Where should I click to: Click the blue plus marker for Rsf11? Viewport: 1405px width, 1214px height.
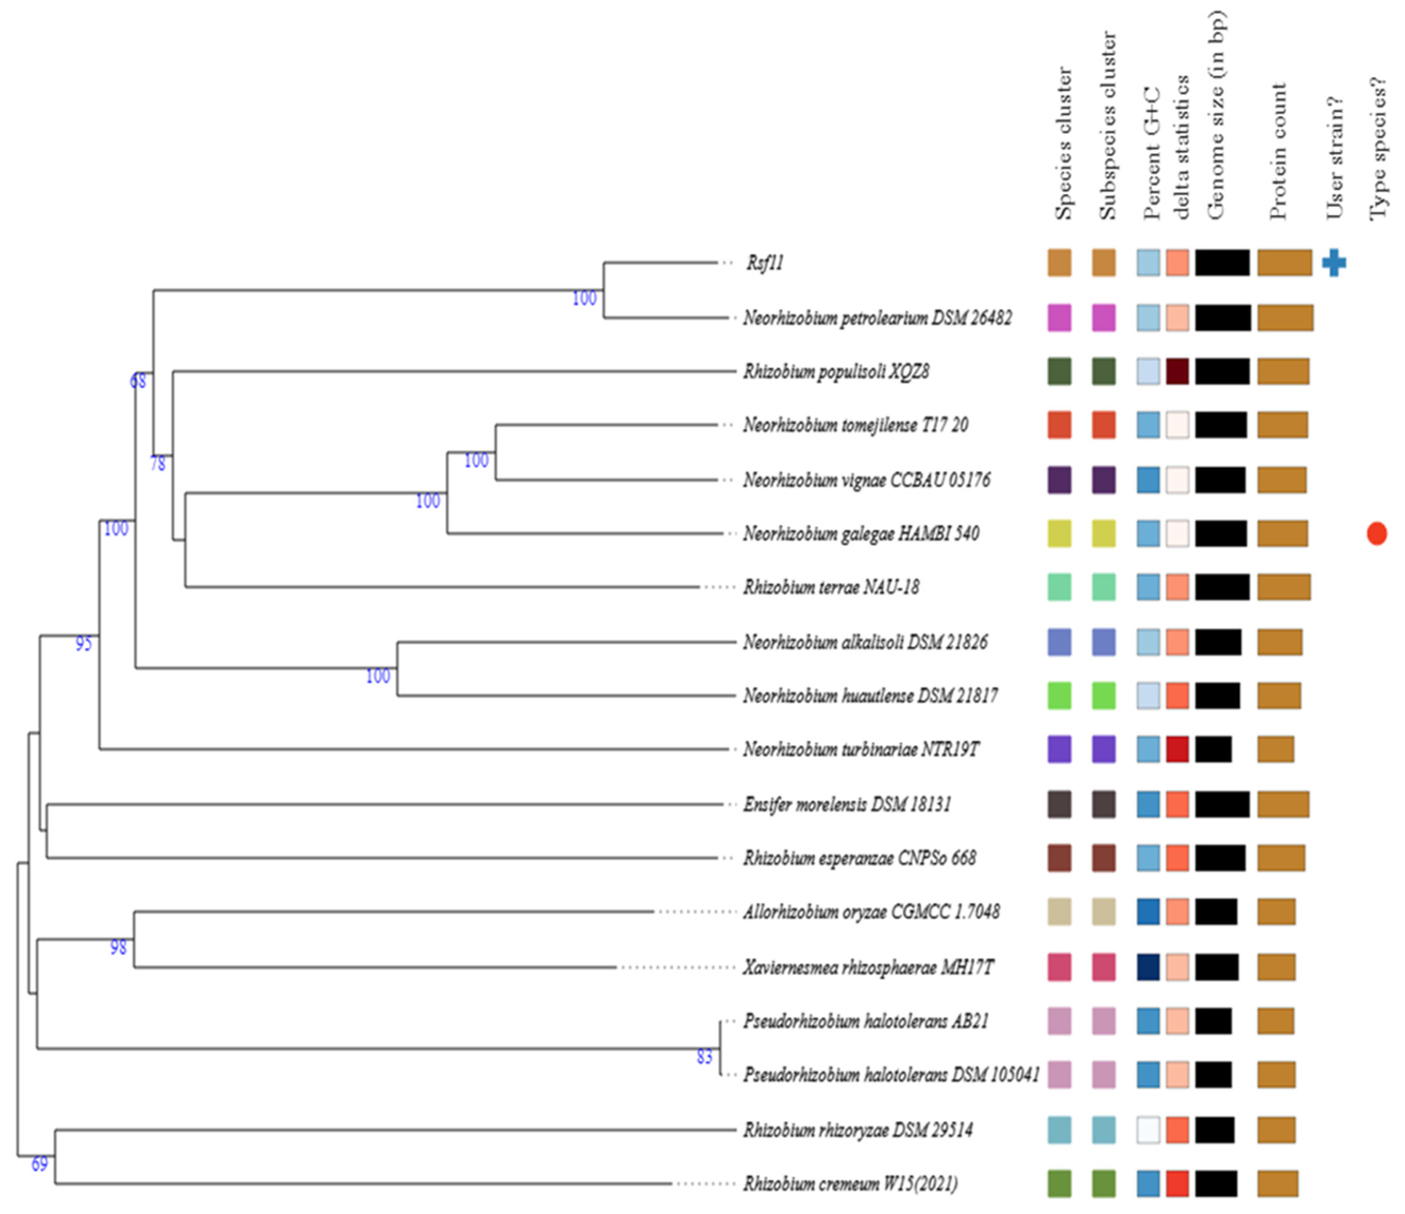(1333, 263)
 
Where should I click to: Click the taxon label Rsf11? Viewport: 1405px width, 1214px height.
(765, 263)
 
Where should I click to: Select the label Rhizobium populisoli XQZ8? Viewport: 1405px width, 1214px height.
(835, 372)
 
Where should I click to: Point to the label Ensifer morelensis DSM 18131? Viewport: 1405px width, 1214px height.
(846, 804)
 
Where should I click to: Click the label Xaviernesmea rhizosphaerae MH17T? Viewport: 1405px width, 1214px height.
(868, 967)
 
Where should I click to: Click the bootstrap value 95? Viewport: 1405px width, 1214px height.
(83, 644)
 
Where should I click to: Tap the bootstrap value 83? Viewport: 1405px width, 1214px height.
(705, 1057)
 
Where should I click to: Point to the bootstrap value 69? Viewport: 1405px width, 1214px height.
(39, 1165)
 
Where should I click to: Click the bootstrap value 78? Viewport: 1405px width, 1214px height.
(157, 464)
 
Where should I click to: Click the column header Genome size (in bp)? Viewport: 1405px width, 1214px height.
(1218, 115)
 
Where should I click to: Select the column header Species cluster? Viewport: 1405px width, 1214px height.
(1063, 142)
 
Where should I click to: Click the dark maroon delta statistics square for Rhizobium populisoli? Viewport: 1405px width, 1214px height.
(1177, 372)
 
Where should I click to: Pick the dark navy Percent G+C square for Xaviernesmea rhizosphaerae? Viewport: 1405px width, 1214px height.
(1148, 967)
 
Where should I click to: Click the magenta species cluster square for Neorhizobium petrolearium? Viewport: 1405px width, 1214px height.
(1059, 318)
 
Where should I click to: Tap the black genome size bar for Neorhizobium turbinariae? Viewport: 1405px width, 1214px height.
(1213, 750)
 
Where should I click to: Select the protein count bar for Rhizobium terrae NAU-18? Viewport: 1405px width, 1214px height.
(1284, 587)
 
